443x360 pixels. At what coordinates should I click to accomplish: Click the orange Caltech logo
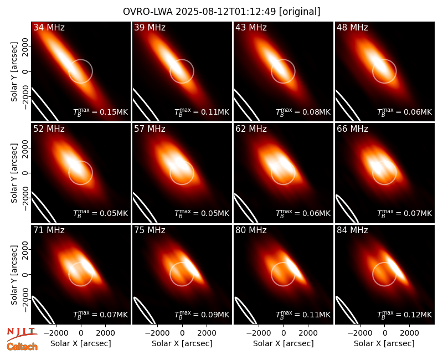[x=22, y=347]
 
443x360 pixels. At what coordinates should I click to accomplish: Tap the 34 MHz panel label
[x=49, y=27]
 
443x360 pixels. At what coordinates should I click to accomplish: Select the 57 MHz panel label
[x=150, y=129]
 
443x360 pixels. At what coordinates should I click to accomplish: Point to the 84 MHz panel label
[x=352, y=230]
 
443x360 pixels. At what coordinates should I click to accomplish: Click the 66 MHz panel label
[x=352, y=129]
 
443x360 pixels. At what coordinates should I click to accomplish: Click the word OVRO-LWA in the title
[x=148, y=12]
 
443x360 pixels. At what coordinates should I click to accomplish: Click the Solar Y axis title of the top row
[x=14, y=72]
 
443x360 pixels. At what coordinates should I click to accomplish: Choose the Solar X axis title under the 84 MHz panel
[x=384, y=343]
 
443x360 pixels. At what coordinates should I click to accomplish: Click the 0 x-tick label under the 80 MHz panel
[x=284, y=333]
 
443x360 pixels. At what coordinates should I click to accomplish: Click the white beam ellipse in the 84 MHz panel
[x=346, y=310]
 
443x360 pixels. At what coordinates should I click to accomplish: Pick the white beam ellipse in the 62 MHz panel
[x=246, y=208]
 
